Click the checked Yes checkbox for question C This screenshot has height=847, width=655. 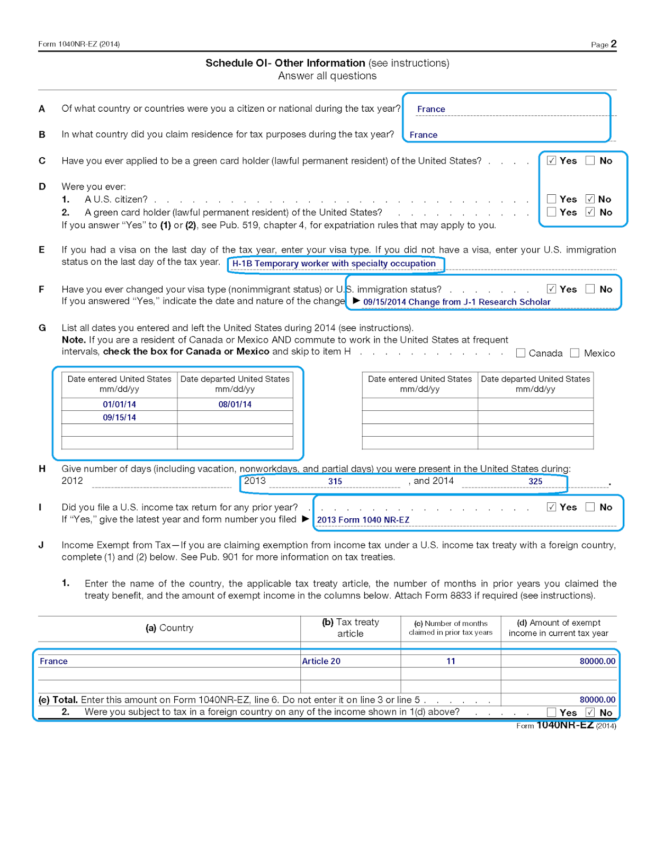[x=551, y=160]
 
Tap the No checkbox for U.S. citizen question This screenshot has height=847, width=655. [x=590, y=199]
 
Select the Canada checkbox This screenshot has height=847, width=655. [x=521, y=353]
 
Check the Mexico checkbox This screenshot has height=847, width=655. [x=575, y=353]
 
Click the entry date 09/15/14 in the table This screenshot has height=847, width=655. [x=119, y=418]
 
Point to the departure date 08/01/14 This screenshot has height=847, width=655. [x=235, y=404]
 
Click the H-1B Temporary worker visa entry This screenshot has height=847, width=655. [x=334, y=264]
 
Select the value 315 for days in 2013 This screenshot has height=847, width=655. [x=335, y=482]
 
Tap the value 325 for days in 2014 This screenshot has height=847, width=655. [x=535, y=482]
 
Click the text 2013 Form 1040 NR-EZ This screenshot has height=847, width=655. [x=363, y=520]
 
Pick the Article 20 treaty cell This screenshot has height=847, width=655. [x=321, y=661]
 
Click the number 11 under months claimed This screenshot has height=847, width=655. [x=451, y=661]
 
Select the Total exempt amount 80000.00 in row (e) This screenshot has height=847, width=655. [x=597, y=700]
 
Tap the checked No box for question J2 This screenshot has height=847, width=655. [x=590, y=713]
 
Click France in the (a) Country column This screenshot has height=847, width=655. [x=53, y=661]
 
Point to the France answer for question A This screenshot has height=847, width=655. [x=431, y=109]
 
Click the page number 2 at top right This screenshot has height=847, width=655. [x=613, y=44]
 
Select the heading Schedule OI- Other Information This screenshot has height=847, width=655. [x=285, y=63]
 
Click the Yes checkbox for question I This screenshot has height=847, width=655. [x=551, y=507]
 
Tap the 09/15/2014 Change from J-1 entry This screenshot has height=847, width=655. [x=456, y=302]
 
